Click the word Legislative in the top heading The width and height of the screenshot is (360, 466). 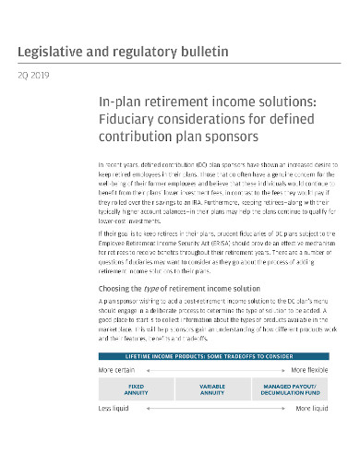click(x=49, y=51)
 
